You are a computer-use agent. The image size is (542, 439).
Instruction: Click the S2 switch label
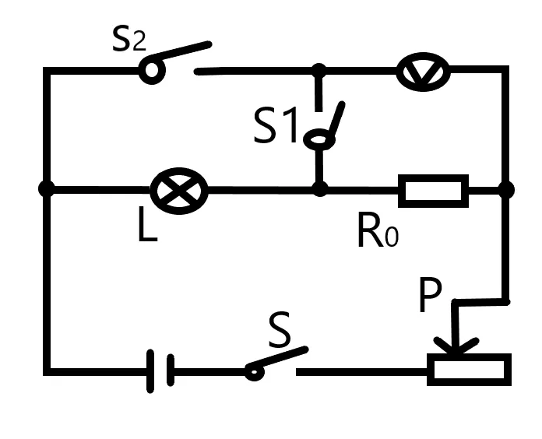click(x=129, y=40)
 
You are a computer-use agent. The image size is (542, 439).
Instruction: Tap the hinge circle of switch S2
click(x=152, y=70)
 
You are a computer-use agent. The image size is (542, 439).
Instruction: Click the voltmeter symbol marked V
click(x=423, y=72)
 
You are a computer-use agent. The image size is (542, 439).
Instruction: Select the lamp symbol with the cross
click(x=179, y=191)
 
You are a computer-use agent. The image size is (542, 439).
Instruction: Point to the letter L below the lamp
click(x=147, y=224)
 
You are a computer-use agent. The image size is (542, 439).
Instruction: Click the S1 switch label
click(x=276, y=125)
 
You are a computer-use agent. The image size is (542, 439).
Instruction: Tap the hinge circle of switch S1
click(x=319, y=139)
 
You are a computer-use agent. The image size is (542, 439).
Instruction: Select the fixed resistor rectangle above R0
click(x=434, y=191)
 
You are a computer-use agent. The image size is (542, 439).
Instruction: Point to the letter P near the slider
click(x=430, y=295)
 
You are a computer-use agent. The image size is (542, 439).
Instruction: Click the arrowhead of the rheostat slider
click(x=456, y=346)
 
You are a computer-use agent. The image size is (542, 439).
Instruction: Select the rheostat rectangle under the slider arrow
click(x=469, y=370)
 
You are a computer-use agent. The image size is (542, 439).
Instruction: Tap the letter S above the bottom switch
click(x=280, y=329)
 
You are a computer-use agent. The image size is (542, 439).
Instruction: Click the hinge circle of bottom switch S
click(x=255, y=372)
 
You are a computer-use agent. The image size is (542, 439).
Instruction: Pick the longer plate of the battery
click(x=150, y=371)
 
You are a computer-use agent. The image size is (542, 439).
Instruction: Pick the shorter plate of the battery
click(x=171, y=370)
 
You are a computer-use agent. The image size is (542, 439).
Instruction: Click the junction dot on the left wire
click(x=46, y=189)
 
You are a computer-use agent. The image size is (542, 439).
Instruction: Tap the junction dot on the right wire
click(x=506, y=190)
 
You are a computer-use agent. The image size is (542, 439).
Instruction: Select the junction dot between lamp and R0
click(x=320, y=189)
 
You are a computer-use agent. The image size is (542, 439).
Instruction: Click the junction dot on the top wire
click(x=319, y=71)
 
